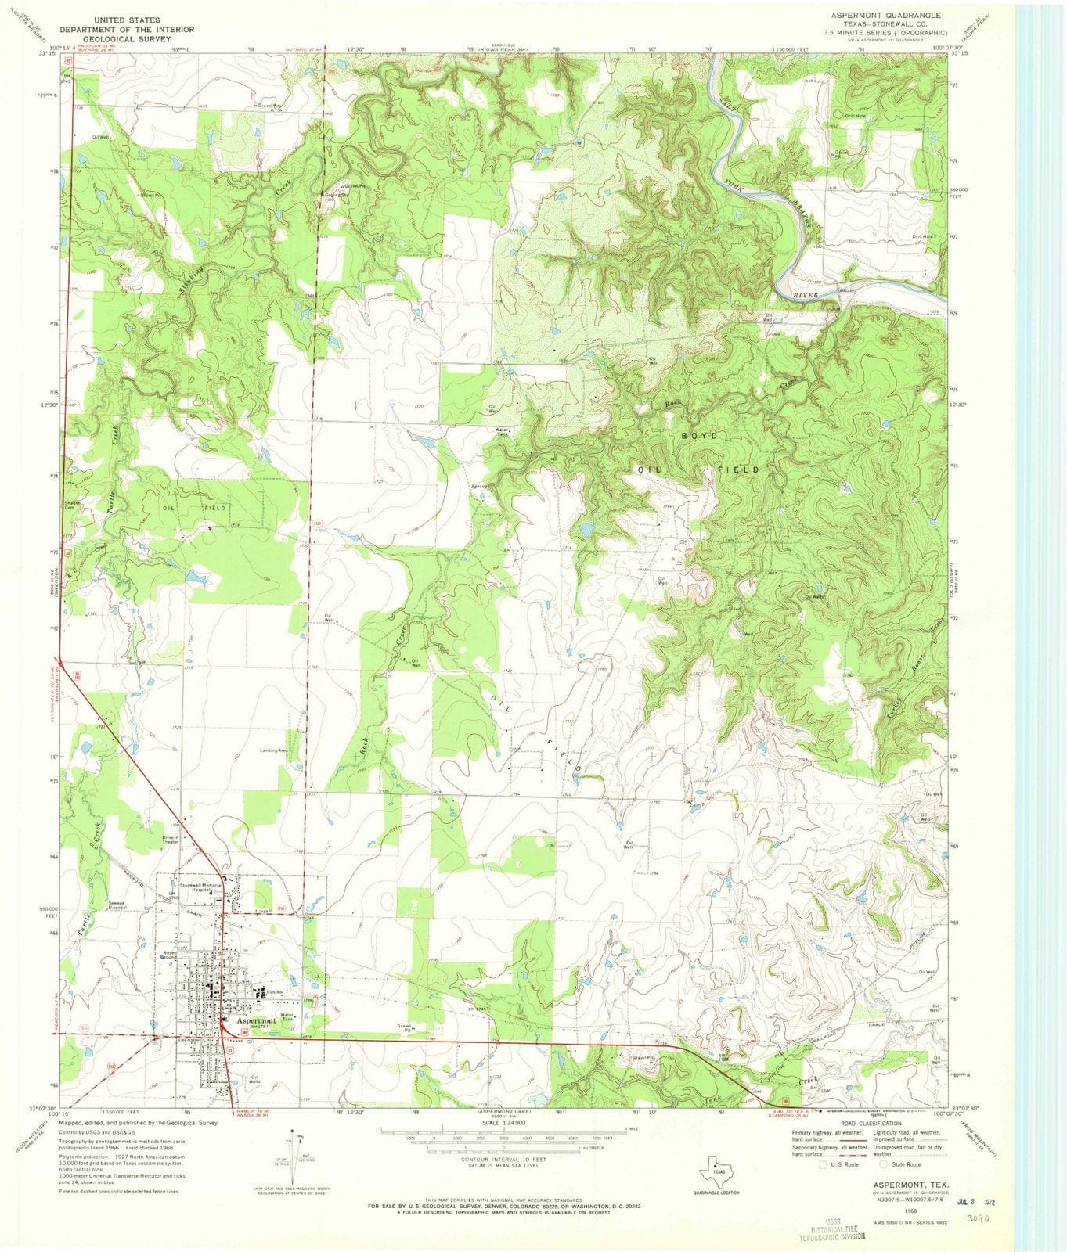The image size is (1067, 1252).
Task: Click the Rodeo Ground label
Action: point(169,955)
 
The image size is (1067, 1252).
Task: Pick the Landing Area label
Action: point(274,750)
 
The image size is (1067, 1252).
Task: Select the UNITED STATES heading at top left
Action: point(128,19)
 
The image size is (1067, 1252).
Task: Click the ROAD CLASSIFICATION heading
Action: point(868,1123)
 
